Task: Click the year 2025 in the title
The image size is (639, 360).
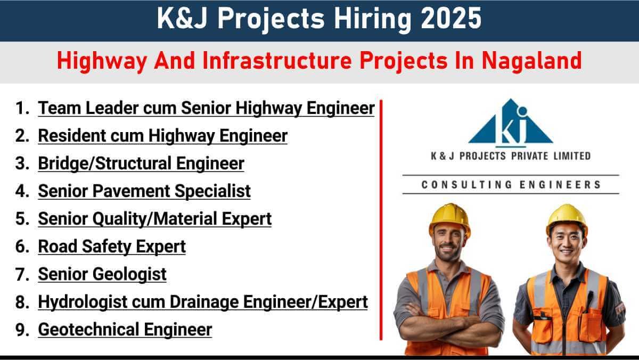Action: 451,18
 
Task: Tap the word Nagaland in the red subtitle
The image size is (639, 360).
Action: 532,61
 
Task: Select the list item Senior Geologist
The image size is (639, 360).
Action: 102,274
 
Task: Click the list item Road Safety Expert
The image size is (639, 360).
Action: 112,247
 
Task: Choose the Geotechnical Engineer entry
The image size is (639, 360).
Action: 125,330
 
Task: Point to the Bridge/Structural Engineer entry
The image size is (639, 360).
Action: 141,163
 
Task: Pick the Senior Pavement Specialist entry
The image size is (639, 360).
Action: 144,191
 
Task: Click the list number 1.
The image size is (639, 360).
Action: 22,108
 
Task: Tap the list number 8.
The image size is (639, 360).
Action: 22,302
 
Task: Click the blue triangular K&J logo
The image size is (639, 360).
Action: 511,122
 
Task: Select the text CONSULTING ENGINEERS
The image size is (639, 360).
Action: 511,185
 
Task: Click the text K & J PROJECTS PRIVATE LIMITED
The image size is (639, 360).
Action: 511,156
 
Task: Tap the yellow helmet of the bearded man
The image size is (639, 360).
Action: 450,218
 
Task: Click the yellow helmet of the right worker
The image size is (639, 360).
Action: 567,218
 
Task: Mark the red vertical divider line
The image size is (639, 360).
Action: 381,220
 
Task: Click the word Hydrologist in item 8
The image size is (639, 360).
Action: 83,302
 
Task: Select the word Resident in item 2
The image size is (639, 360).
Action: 72,135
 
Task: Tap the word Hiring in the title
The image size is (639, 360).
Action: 373,19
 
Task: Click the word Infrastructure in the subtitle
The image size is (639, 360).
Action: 277,61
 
